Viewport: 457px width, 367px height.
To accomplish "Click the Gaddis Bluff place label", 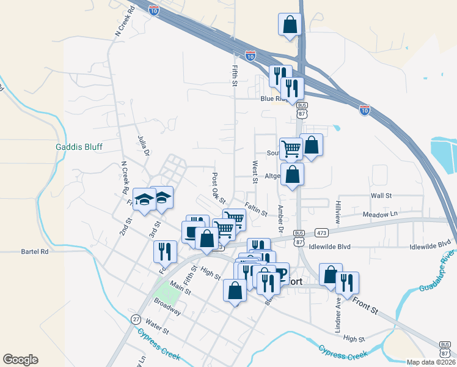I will click(79, 147).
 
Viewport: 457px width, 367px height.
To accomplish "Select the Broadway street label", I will click(167, 306).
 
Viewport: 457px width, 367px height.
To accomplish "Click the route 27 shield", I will click(136, 319).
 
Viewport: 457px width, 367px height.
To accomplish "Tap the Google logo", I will click(20, 360).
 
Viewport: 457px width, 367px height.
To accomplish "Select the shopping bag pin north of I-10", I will click(290, 26).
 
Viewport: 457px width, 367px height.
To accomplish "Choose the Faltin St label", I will click(256, 210).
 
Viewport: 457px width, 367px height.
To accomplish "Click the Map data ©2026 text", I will click(430, 362).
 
